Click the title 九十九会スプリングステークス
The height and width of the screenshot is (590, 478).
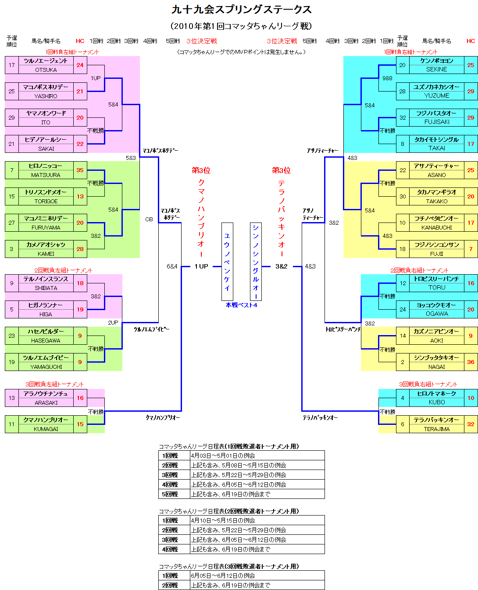point(242,10)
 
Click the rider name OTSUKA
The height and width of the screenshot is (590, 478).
point(46,70)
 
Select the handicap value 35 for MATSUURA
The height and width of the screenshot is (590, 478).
point(80,170)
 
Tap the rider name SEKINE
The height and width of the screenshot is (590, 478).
point(437,70)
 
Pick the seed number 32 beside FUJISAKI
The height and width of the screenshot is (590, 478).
point(403,118)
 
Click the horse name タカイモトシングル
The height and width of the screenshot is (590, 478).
point(437,140)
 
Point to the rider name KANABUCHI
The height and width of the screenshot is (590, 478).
point(437,227)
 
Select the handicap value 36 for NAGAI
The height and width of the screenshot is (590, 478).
point(471,362)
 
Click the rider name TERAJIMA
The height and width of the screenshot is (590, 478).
point(437,429)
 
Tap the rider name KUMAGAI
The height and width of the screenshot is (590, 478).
point(46,429)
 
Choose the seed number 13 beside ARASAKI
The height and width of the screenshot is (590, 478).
point(12,398)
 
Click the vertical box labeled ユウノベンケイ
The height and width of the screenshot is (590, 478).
point(227,261)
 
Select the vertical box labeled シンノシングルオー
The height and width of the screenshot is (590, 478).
point(256,261)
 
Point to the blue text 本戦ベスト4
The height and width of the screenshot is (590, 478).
point(242,305)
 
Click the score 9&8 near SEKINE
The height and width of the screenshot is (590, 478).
point(387,78)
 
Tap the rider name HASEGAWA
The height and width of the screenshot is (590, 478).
point(46,340)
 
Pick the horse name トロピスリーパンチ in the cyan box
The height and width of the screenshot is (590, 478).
point(437,279)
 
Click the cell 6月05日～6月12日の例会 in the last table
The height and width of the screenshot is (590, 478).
point(223,576)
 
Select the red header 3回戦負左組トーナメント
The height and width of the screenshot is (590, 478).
point(55,384)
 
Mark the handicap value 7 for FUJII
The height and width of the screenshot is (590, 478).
point(471,249)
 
